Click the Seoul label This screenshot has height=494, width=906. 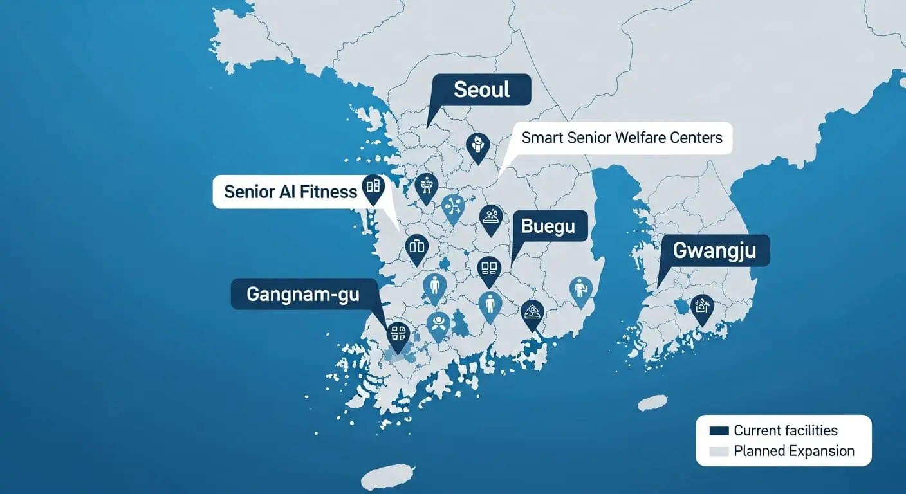(481, 89)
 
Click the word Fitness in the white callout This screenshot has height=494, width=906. (327, 191)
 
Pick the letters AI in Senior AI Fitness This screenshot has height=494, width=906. (285, 191)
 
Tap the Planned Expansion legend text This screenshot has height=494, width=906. (794, 452)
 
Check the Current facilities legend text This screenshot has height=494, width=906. (786, 431)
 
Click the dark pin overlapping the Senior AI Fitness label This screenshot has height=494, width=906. (373, 187)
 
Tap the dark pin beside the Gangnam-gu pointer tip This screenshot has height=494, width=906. (398, 334)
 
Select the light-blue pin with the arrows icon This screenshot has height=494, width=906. (454, 206)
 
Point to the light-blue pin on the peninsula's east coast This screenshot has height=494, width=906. (580, 288)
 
